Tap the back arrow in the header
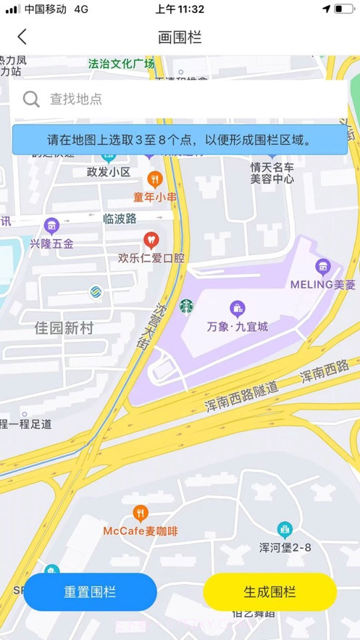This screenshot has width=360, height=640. (x=22, y=37)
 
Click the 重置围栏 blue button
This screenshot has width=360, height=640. (x=90, y=591)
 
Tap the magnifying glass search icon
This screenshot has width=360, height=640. (x=31, y=99)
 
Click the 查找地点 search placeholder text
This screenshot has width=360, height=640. (x=75, y=99)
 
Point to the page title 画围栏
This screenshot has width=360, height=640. (x=180, y=37)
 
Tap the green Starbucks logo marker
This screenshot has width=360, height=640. (x=187, y=307)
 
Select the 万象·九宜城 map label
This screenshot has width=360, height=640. (x=237, y=327)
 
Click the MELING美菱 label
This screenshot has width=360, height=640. (x=323, y=284)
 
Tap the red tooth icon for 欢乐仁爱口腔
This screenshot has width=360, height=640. (x=151, y=239)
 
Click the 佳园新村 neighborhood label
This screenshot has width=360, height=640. (x=64, y=328)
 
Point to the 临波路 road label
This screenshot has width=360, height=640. (x=120, y=218)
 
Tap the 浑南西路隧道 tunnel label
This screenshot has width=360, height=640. (x=241, y=398)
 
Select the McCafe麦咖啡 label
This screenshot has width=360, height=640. (x=140, y=531)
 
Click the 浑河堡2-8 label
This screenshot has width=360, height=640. (x=285, y=547)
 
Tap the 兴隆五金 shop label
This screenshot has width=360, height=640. (x=51, y=244)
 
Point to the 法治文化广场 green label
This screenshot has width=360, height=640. (x=121, y=64)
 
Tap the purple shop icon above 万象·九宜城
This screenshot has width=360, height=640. (x=237, y=309)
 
